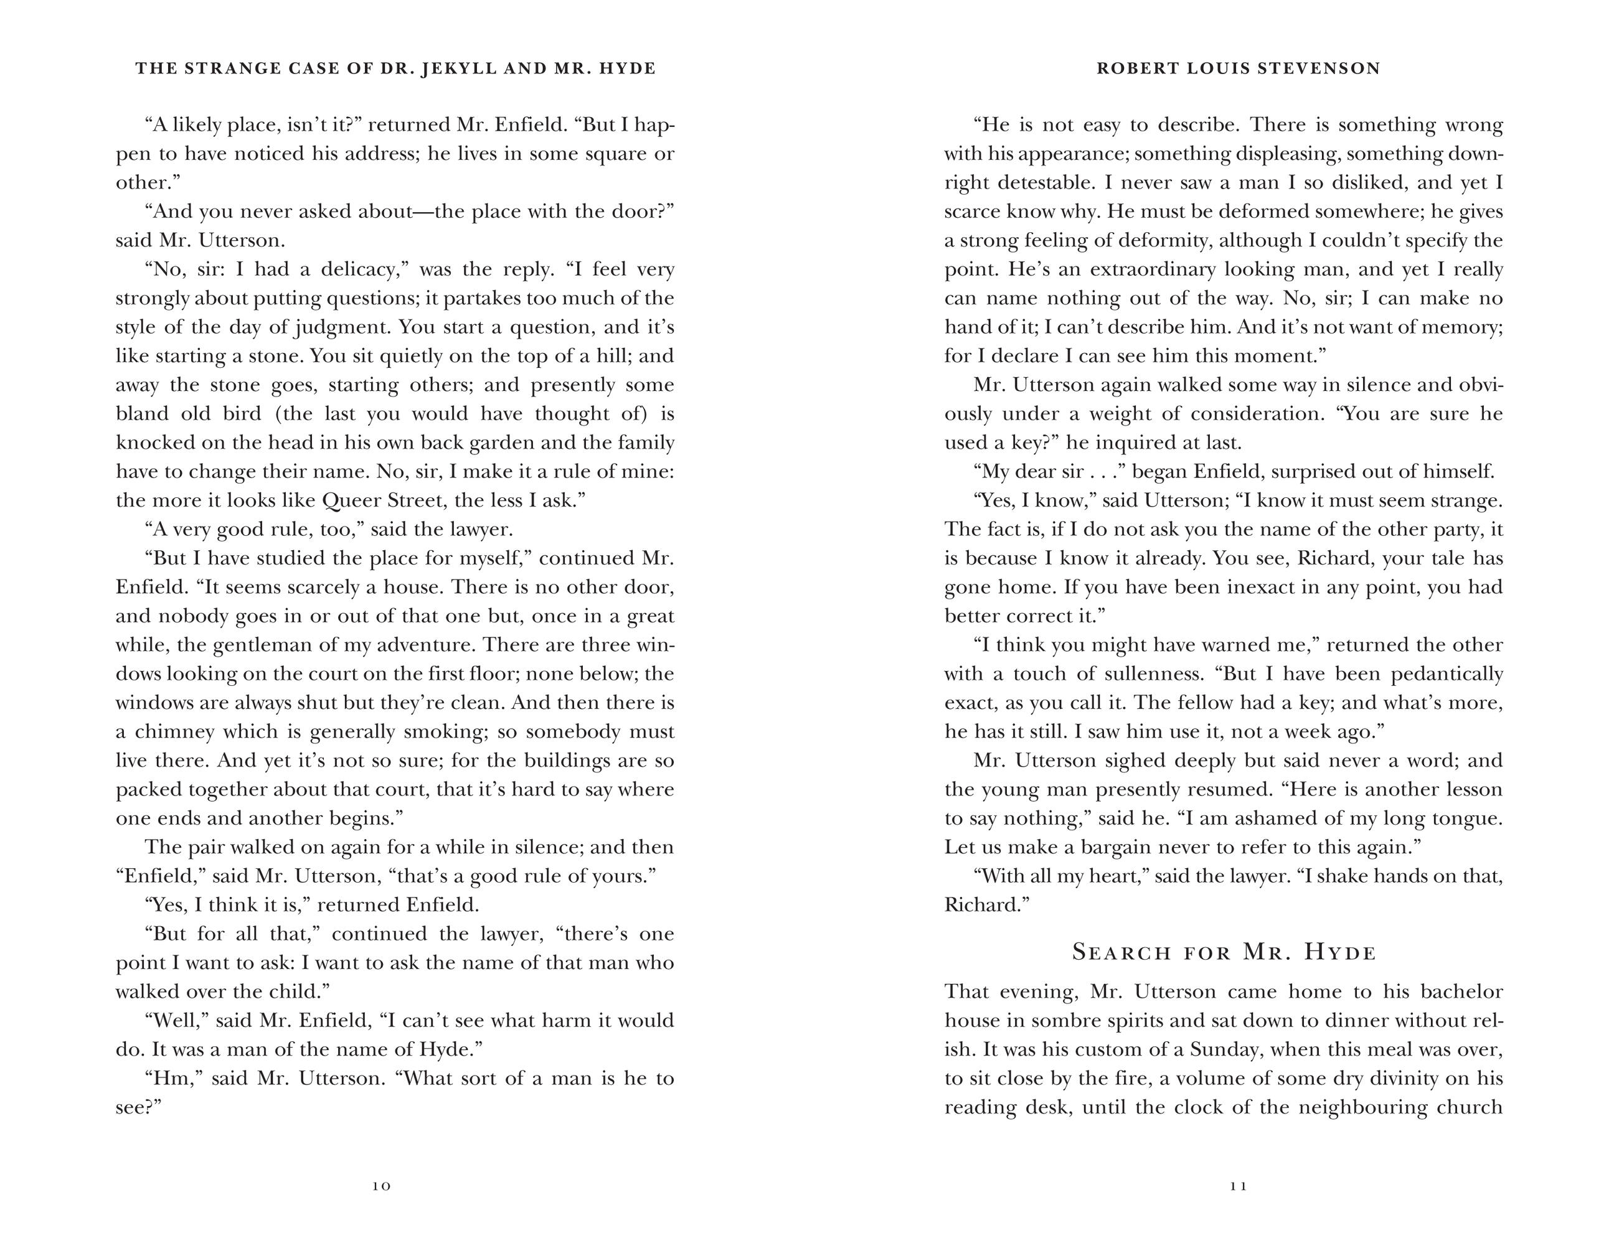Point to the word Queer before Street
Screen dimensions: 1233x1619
click(x=349, y=501)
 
